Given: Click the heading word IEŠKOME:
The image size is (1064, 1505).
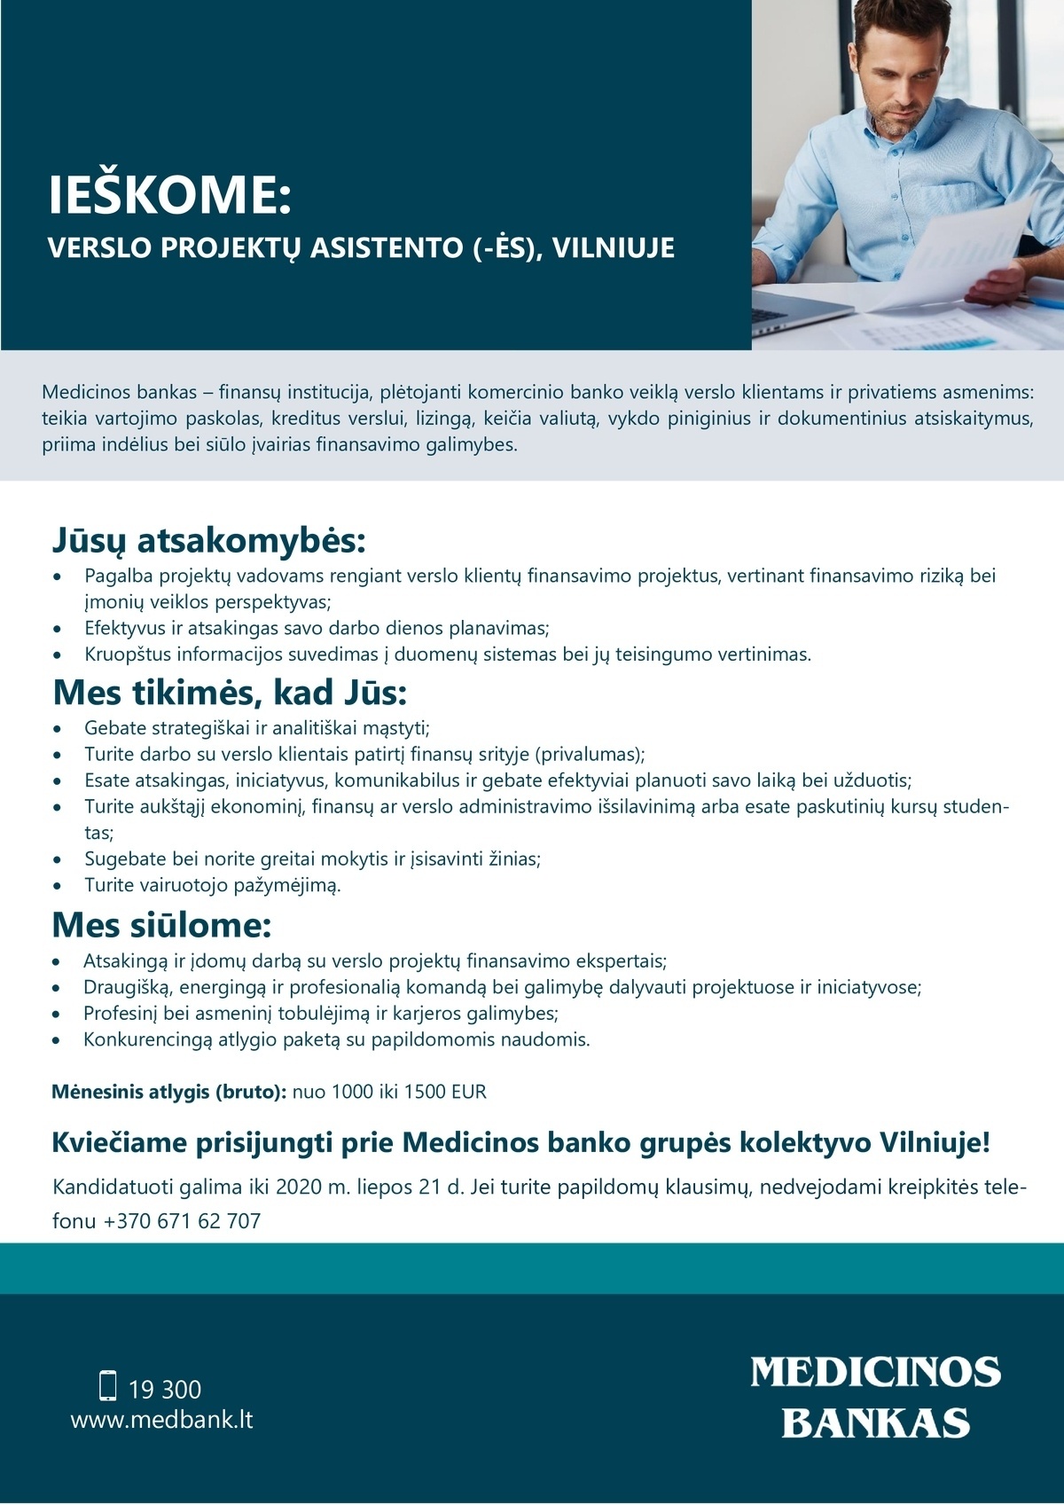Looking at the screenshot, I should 169,195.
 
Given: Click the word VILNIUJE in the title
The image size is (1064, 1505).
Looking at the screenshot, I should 614,247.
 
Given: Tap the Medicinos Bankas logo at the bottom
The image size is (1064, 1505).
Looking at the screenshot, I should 875,1397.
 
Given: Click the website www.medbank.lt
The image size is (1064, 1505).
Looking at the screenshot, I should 161,1420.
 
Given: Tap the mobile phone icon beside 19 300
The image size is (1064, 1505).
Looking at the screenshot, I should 108,1385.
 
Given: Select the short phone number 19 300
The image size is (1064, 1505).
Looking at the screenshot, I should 165,1389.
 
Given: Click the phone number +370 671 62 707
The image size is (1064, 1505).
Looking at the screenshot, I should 182,1221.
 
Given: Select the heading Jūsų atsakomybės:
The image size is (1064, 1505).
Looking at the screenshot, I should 208,540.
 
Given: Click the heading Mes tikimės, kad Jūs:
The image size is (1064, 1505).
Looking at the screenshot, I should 230,693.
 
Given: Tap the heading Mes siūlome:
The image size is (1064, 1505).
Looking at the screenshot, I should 161,925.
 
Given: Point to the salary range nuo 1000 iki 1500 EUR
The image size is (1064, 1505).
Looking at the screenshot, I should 389,1092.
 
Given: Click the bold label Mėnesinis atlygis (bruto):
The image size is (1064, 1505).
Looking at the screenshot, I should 168,1092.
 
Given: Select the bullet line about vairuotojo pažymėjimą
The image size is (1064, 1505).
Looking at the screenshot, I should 213,885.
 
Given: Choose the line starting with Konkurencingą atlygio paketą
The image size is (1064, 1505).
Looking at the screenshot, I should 336,1039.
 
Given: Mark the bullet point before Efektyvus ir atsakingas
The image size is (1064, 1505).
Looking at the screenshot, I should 58,629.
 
